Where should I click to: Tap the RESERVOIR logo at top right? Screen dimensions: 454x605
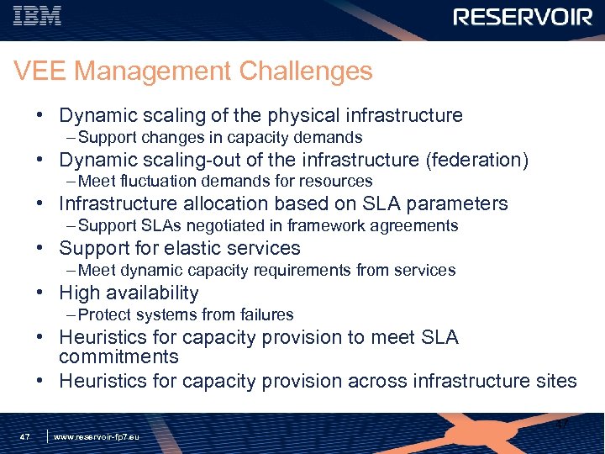(523, 17)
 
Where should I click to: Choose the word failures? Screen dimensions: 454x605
(266, 315)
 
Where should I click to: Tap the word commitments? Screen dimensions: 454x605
(118, 357)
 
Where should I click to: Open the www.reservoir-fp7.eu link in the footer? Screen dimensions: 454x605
(97, 437)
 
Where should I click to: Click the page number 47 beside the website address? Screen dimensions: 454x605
(25, 437)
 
